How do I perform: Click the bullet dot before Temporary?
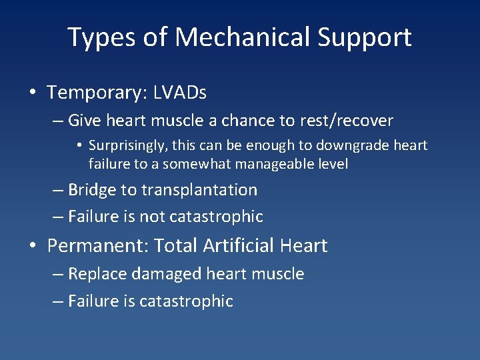(x=33, y=93)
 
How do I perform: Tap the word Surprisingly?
(x=130, y=145)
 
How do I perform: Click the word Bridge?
(x=92, y=190)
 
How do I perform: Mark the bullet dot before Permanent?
(x=33, y=247)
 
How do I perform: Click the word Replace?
(x=94, y=274)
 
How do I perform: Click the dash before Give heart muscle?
(x=58, y=121)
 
